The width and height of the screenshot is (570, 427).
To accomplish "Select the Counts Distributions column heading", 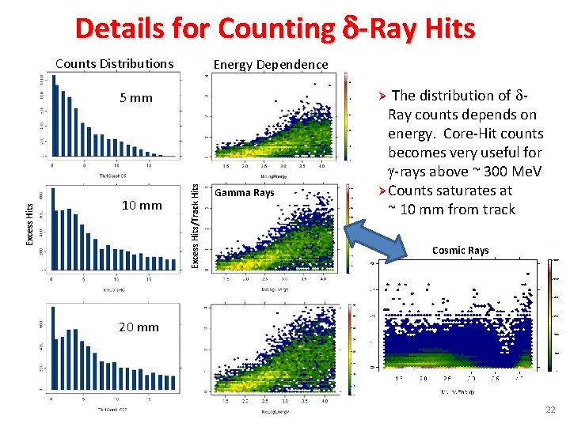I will [x=114, y=64].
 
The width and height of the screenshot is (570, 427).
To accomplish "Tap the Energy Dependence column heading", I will [x=271, y=64].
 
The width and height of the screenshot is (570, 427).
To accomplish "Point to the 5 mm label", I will [x=135, y=98].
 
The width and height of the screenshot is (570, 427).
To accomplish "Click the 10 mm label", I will [x=142, y=206].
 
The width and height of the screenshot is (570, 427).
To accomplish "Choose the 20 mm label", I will [x=139, y=327].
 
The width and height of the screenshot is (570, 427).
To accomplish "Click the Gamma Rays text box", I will [x=245, y=193].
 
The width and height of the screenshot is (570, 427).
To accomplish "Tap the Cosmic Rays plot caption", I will [x=460, y=251].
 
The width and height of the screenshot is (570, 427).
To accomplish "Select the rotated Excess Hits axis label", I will [x=29, y=223].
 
